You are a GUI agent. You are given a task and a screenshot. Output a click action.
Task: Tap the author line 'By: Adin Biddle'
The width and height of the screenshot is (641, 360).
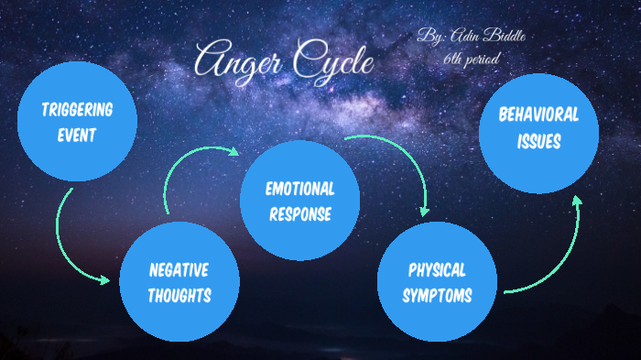473,38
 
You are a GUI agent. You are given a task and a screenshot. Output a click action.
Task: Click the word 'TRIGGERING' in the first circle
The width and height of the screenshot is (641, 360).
78,110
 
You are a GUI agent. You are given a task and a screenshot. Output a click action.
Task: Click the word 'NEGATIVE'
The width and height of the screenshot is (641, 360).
179,270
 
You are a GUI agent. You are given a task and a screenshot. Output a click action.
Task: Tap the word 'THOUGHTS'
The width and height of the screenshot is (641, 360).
179,295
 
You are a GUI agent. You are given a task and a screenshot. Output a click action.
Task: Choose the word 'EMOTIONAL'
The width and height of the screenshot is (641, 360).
299,190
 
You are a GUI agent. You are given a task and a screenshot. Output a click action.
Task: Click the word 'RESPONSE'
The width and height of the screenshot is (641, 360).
299,214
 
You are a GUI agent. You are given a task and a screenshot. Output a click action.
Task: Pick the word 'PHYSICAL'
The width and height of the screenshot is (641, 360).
437,270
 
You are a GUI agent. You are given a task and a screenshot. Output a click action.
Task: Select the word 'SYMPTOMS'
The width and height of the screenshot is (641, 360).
437,295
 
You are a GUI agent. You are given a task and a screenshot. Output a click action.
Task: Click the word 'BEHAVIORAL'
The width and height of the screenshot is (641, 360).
538,115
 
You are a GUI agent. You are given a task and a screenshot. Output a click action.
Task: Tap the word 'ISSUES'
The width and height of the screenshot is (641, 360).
538,142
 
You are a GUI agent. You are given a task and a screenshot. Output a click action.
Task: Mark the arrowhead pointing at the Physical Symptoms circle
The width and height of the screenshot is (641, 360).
423,210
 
